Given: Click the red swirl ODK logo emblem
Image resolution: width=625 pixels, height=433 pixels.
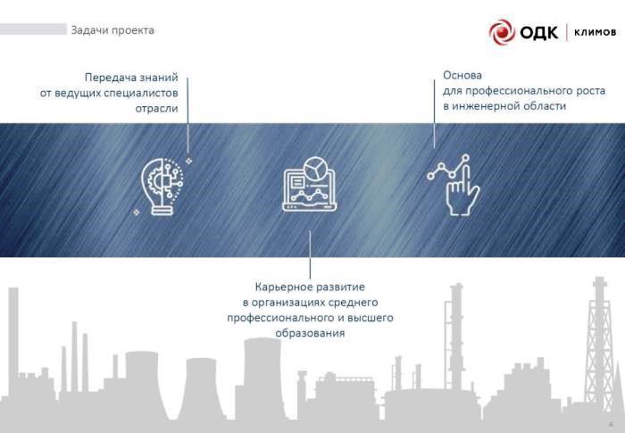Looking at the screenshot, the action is [x=502, y=31].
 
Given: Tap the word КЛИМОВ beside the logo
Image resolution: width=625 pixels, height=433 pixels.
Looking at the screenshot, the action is [x=596, y=32].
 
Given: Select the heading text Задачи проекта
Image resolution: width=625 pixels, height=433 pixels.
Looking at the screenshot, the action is [x=112, y=30].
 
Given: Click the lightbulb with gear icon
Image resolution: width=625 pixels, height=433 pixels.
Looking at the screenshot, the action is [x=162, y=187].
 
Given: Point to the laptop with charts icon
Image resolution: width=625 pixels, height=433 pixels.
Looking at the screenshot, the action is [x=310, y=184].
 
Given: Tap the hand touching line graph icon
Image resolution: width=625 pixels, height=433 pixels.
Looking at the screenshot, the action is [x=454, y=185].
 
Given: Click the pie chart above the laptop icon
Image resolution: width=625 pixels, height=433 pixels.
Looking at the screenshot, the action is [x=316, y=169].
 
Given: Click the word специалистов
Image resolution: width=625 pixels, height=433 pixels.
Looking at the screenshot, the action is [x=141, y=94].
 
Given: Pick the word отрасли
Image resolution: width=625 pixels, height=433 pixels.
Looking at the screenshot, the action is [x=156, y=109].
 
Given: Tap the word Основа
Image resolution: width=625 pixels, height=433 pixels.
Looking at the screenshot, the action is [x=462, y=75].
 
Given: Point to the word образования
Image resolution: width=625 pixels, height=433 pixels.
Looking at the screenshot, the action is [x=310, y=333].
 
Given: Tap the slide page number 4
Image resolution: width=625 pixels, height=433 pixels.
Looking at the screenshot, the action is [x=611, y=424].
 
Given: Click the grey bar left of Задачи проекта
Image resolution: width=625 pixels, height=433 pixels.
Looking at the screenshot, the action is [x=34, y=29].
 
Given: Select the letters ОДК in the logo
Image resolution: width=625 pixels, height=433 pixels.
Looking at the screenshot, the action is [x=539, y=32].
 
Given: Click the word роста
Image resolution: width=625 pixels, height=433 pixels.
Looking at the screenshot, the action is [x=591, y=91].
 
